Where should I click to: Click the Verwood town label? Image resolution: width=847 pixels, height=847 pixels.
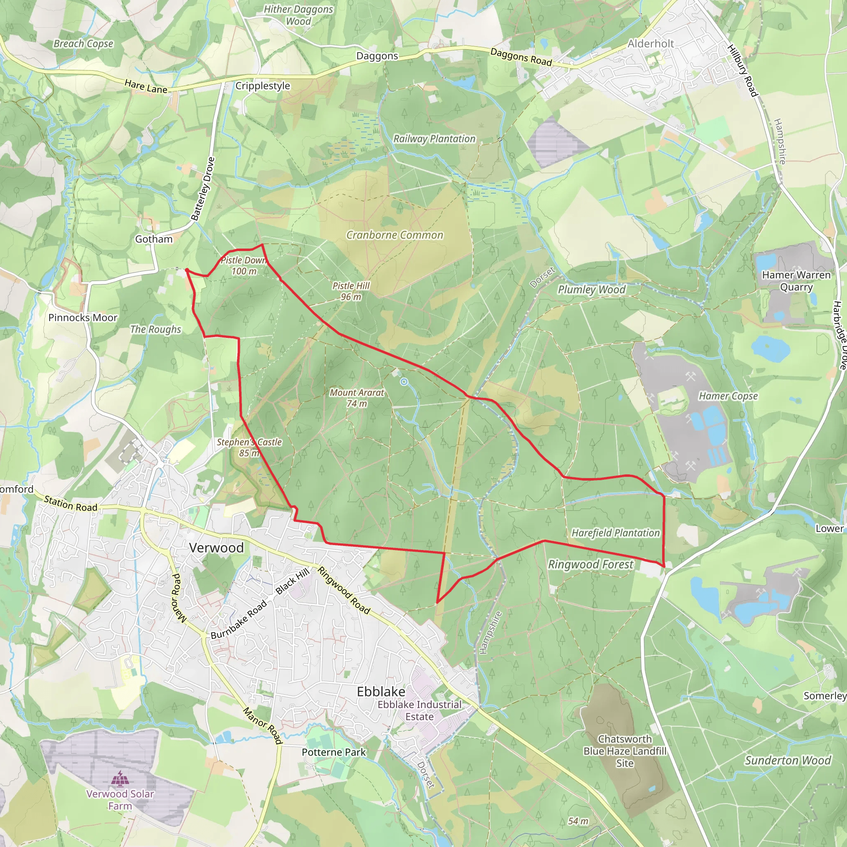pos(216,548)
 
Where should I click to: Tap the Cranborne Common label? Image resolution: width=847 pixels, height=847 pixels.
pos(395,235)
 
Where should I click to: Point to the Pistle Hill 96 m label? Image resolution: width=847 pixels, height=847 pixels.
pos(351,291)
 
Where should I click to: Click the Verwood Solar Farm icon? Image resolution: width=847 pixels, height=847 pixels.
pos(120,779)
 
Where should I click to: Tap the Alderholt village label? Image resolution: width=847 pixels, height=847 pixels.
pos(651,44)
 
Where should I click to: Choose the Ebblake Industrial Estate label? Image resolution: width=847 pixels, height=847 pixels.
pos(419,710)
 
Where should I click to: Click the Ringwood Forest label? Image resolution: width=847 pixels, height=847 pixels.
pos(591,564)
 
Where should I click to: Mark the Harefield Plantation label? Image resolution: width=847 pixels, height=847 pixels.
pos(615,533)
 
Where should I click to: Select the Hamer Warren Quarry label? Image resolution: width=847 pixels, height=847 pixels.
pos(796,280)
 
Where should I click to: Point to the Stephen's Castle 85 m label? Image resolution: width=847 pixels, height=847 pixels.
pos(249,447)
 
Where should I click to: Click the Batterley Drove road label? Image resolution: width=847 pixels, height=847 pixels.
pos(203,189)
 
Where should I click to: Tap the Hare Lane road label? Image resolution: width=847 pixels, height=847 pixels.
pos(146,86)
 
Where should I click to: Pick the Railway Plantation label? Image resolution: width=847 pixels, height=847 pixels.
pos(434,139)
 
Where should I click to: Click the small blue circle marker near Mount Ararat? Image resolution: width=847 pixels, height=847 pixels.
pos(404,382)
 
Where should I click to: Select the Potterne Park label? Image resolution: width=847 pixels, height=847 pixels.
pos(334,752)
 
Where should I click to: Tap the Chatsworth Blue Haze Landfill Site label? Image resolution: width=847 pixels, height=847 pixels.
pos(625,751)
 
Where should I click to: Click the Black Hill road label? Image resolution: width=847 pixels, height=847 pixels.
pos(292,581)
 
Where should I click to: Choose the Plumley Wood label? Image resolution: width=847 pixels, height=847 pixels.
pos(591,290)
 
